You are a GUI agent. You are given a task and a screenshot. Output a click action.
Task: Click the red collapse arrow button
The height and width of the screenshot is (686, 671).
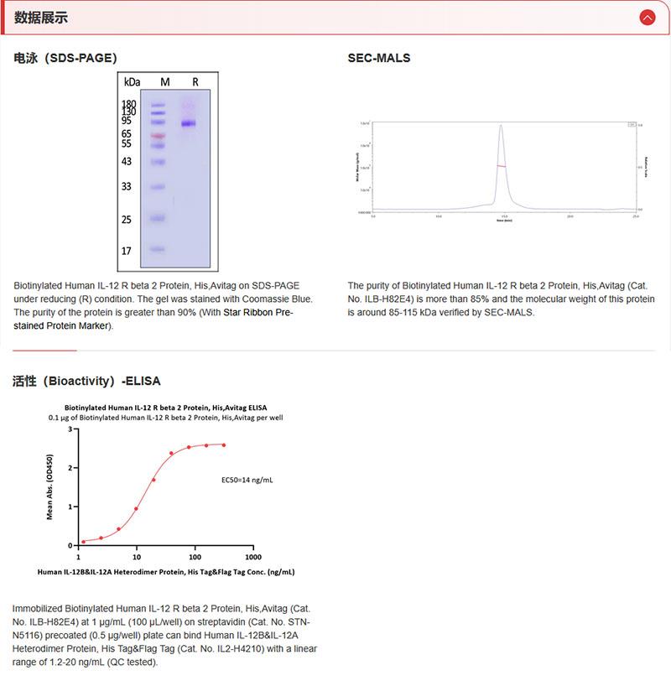(x=647, y=17)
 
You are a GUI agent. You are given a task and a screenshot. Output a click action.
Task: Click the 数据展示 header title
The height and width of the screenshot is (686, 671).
(x=41, y=18)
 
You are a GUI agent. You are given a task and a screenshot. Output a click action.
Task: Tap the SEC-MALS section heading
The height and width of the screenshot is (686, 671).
(x=379, y=59)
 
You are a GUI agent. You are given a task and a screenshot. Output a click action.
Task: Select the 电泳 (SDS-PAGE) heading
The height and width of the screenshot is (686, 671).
(x=65, y=59)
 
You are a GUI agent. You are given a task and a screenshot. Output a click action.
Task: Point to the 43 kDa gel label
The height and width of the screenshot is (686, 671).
(x=127, y=161)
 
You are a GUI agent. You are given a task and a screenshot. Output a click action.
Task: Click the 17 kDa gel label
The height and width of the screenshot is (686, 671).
(x=127, y=251)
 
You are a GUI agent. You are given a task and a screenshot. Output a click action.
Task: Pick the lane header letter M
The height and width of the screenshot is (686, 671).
(x=165, y=82)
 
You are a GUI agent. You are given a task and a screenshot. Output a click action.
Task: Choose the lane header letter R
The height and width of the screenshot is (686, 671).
(x=195, y=82)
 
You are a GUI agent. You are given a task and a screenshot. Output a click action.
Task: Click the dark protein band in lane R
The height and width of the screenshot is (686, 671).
(x=189, y=123)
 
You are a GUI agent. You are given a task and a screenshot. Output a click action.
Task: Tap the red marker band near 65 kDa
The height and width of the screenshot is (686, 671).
(x=158, y=135)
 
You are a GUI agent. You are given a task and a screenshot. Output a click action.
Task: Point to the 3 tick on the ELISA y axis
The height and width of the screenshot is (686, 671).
(x=70, y=429)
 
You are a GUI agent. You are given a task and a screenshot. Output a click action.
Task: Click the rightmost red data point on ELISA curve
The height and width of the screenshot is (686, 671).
(x=224, y=445)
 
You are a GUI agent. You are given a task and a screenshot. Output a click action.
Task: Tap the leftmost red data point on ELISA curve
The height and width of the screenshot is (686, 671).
(x=83, y=542)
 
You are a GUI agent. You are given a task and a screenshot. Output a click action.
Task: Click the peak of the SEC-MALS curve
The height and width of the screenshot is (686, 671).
(x=501, y=126)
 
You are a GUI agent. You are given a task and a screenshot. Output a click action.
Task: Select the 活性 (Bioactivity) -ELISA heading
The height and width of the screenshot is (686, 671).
(x=86, y=381)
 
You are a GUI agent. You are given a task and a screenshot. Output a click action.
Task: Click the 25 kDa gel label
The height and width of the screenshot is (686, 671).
(x=127, y=220)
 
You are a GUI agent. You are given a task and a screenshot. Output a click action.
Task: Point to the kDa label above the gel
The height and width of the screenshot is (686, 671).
(x=132, y=82)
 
